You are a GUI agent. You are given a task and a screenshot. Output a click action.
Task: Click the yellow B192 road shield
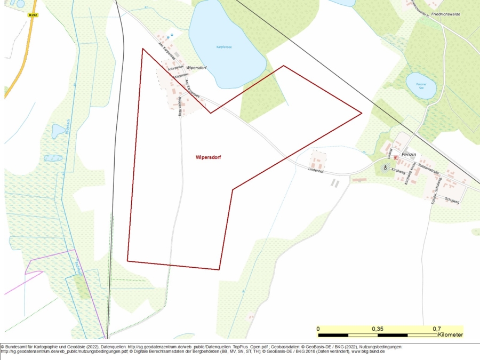click(33, 15)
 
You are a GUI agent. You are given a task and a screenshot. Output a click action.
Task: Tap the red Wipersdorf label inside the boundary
click(208, 157)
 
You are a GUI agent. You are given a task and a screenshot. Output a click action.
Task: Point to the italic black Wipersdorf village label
click(196, 68)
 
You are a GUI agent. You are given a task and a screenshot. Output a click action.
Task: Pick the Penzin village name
click(408, 154)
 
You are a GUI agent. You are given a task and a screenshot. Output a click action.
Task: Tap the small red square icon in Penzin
click(395, 158)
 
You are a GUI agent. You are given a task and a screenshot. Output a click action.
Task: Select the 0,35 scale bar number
click(378, 329)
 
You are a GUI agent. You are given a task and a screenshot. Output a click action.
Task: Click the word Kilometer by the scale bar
click(450, 335)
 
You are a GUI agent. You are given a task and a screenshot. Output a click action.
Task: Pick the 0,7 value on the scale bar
click(436, 329)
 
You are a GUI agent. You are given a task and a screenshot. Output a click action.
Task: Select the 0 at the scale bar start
click(318, 329)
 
